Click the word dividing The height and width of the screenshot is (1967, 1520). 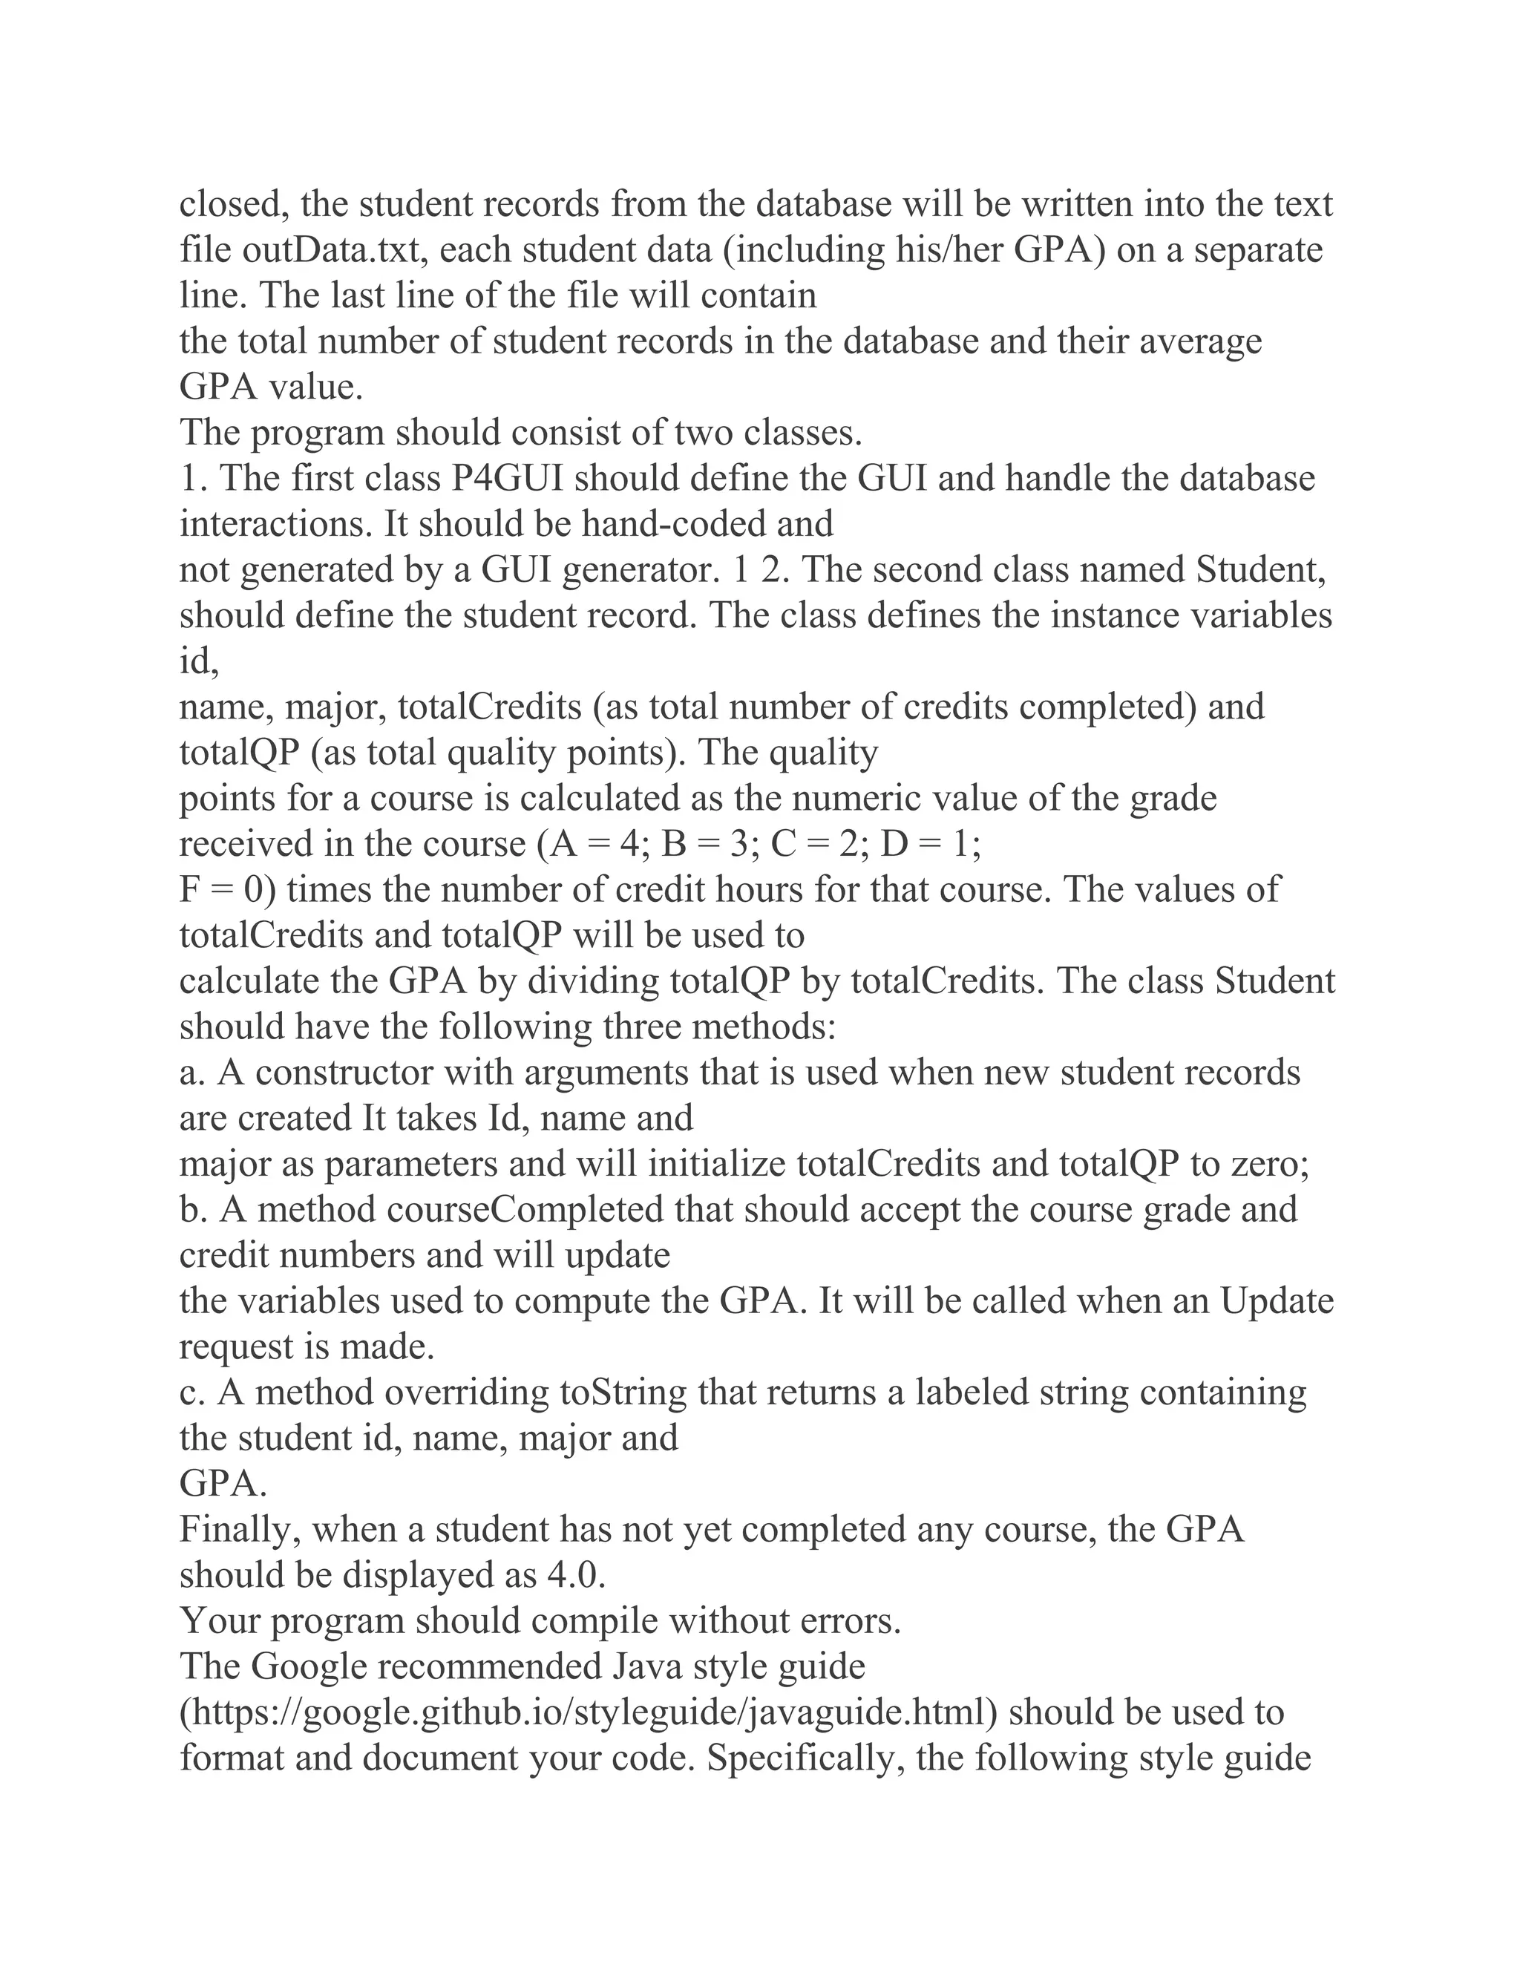[594, 981]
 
